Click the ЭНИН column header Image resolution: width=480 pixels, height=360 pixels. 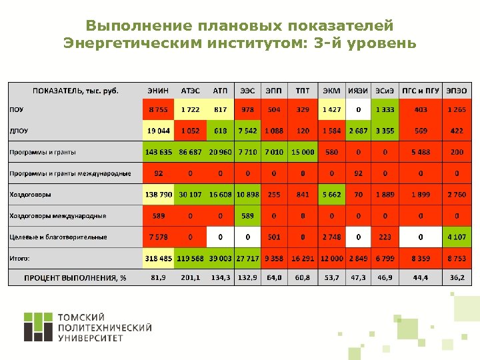pos(158,91)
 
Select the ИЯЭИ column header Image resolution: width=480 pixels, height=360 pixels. pos(359,91)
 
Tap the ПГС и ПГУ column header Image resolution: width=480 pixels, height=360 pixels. pos(420,91)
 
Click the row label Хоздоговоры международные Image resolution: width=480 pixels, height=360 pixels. pos(57,216)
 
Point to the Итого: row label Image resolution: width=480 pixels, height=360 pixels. pos(20,258)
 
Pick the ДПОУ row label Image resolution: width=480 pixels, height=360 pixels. pos(19,131)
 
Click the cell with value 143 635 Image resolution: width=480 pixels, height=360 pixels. pos(159,152)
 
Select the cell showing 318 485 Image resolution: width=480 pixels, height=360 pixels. pos(159,258)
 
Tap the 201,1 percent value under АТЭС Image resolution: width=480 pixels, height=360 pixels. pos(191,277)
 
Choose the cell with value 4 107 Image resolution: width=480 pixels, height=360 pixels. pos(457,237)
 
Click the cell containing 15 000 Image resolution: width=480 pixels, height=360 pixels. pos(303,152)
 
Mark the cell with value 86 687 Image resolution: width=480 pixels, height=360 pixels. pos(191,152)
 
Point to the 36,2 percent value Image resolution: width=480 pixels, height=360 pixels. pos(457,277)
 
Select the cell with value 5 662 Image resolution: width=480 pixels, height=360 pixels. pos(331,195)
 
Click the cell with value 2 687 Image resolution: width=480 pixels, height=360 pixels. pos(359,131)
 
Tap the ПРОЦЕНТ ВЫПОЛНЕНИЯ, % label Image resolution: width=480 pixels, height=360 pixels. pos(75,277)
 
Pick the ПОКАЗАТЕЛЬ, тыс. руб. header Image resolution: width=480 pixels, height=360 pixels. pos(75,91)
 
